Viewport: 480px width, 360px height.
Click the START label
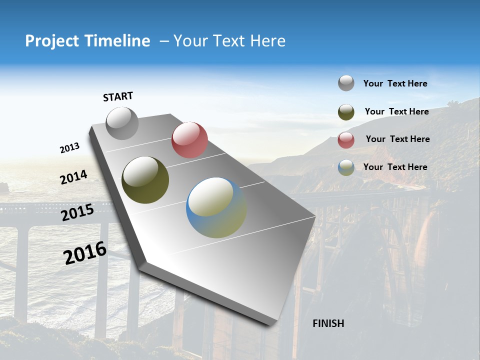click(118, 96)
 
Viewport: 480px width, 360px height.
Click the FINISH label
click(328, 323)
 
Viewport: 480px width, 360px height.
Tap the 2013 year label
click(69, 148)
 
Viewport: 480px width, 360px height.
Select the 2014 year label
click(73, 177)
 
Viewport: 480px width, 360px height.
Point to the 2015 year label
click(77, 212)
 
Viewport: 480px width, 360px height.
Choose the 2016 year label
click(85, 253)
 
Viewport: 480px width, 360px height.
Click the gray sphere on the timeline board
click(122, 123)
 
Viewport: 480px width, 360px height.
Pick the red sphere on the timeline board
click(189, 140)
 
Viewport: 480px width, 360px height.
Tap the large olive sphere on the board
click(145, 180)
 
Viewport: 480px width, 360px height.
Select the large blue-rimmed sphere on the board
click(216, 207)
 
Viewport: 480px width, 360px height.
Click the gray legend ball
click(346, 83)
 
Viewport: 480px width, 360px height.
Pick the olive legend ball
click(346, 112)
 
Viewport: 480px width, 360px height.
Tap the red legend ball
click(346, 140)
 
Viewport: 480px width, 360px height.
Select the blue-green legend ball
click(346, 167)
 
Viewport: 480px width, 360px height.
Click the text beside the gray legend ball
click(395, 84)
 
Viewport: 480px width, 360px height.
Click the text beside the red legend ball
click(397, 139)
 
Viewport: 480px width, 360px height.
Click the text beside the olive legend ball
click(396, 111)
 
